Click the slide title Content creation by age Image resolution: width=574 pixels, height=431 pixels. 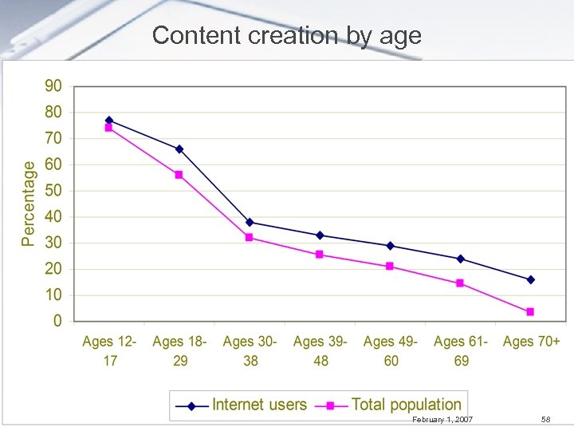286,35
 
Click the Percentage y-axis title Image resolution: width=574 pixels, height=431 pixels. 29,204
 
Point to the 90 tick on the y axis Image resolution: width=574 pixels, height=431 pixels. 53,86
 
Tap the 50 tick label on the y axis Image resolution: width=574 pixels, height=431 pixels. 53,191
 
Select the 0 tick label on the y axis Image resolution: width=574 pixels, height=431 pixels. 57,321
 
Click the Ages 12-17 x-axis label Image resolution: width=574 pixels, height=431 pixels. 109,351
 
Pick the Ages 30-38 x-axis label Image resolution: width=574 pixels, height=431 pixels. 250,351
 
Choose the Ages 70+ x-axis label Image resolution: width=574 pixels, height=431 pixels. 531,342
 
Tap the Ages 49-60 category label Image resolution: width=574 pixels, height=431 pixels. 390,351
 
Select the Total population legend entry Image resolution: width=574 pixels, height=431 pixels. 390,405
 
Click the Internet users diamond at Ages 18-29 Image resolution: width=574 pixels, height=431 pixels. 179,149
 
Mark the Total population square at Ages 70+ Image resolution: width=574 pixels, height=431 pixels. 530,312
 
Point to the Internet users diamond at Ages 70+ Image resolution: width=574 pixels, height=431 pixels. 530,280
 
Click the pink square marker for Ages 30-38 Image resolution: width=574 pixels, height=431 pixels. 250,238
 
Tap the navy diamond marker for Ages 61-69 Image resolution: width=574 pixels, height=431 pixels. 460,259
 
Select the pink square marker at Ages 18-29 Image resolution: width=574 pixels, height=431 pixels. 179,175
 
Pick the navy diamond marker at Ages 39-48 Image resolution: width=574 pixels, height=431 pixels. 320,235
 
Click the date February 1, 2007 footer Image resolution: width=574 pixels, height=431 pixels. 442,420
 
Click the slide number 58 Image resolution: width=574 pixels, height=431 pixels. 545,420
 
